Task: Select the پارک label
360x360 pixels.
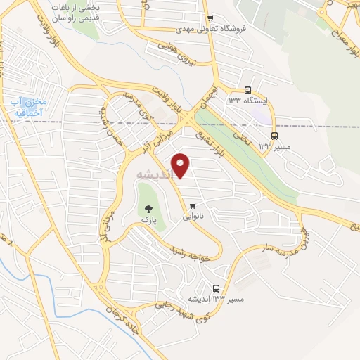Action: (148, 220)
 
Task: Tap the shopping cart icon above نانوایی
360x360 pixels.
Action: (193, 205)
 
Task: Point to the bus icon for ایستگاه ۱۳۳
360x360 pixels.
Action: (247, 90)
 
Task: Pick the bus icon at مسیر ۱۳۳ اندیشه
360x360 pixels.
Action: (215, 288)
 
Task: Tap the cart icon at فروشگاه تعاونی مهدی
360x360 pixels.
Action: (210, 18)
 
